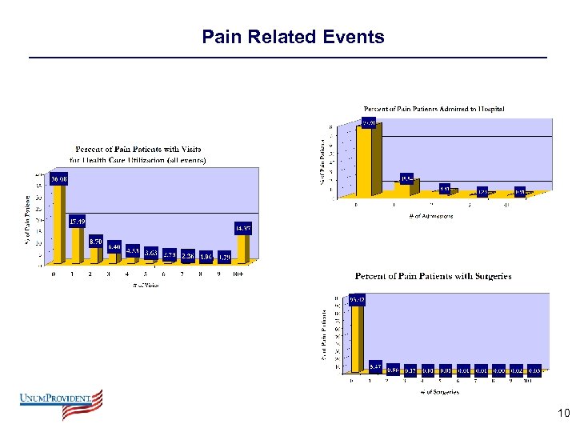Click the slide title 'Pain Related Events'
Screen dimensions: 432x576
[293, 37]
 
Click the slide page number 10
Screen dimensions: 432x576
[562, 414]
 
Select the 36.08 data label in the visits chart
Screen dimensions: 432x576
[59, 179]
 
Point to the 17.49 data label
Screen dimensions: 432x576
[78, 222]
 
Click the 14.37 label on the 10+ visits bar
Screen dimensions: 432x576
[244, 229]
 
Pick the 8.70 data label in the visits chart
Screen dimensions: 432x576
[95, 240]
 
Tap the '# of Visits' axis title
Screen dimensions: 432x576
[146, 286]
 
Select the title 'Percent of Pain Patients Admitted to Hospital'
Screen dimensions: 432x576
[434, 109]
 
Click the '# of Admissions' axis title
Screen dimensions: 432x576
[430, 215]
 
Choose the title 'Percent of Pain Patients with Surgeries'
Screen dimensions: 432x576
[433, 276]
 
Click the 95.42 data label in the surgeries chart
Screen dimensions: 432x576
[358, 300]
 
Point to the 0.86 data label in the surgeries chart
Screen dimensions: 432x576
[393, 369]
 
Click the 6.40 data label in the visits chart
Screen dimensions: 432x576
[114, 246]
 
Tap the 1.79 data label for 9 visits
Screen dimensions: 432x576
[223, 257]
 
